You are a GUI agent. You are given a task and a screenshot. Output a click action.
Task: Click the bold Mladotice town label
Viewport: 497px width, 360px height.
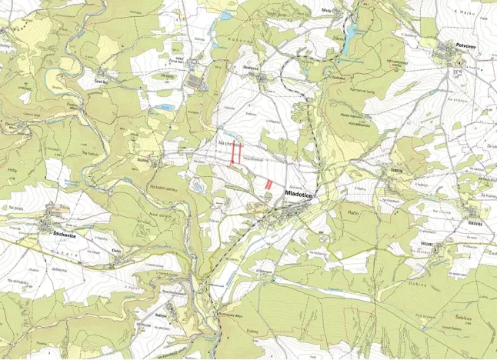pyautogui.click(x=300, y=195)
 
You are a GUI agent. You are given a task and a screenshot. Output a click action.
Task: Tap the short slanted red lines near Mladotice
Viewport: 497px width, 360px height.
pyautogui.click(x=269, y=183)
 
